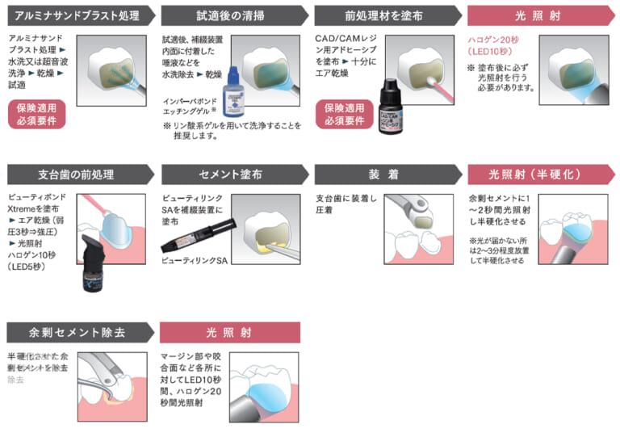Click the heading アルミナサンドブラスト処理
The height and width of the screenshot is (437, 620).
click(x=77, y=15)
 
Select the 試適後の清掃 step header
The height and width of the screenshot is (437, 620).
click(x=230, y=15)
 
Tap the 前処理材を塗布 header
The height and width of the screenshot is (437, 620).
click(x=383, y=15)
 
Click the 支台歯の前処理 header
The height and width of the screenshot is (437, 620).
click(x=77, y=174)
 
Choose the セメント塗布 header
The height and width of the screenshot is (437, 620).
click(x=230, y=174)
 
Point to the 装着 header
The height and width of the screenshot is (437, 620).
click(x=383, y=174)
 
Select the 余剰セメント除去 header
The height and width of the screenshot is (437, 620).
click(x=77, y=332)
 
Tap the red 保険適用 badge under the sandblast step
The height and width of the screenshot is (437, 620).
click(x=36, y=114)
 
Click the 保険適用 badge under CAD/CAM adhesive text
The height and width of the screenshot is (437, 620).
click(x=345, y=114)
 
